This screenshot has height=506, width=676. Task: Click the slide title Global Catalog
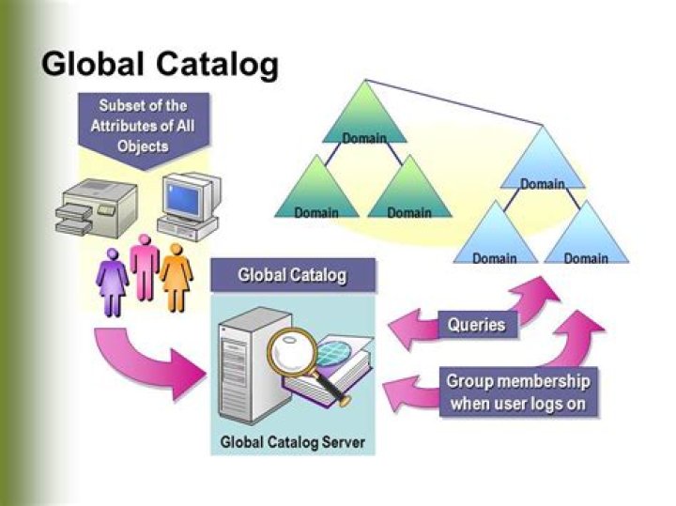161,65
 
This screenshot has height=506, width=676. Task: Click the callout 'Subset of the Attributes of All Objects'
143,125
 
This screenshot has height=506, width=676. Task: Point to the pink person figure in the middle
145,267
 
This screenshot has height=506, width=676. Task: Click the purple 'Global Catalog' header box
292,276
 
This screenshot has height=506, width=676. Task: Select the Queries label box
476,326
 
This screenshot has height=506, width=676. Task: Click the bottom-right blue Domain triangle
585,240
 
